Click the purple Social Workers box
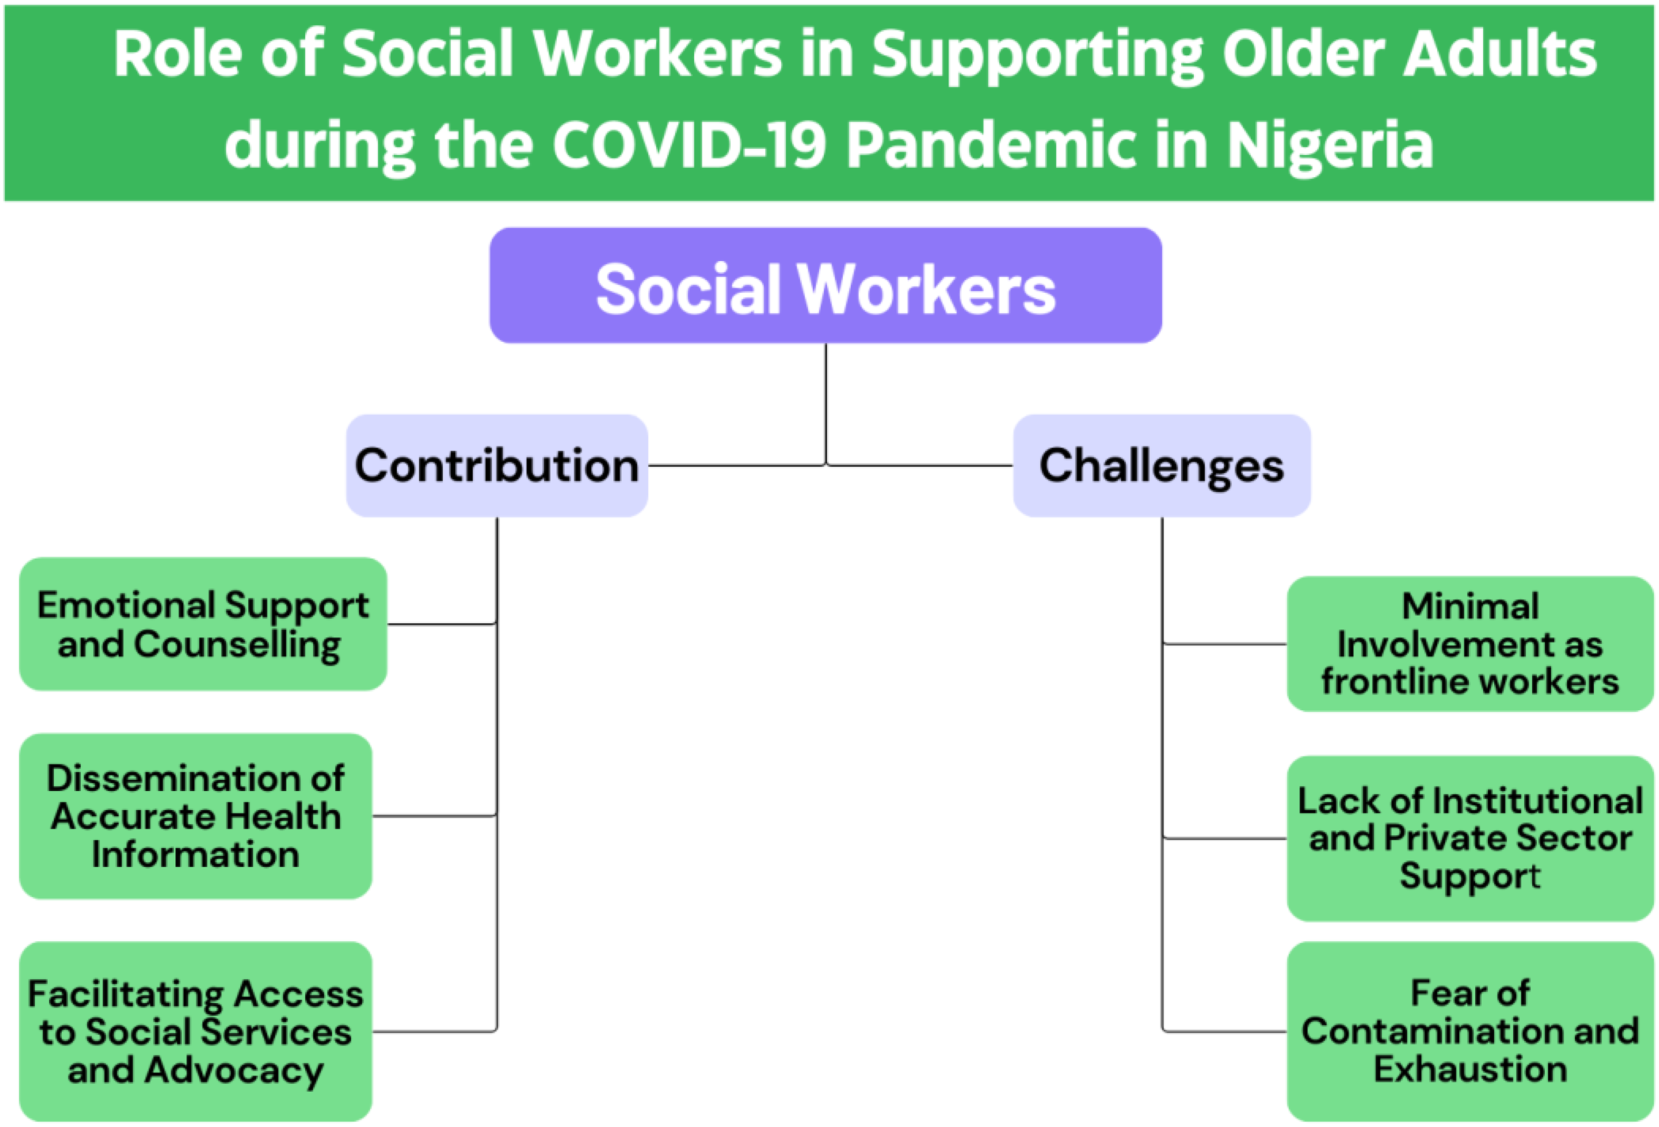pos(826,285)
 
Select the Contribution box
pos(497,466)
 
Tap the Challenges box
pos(1161,466)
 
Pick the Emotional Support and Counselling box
pos(204,624)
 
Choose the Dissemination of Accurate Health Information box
pos(196,816)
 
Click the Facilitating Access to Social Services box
pos(196,1031)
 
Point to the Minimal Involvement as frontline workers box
pos(1470,644)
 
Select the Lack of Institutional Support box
pos(1470,838)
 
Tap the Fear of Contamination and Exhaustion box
pos(1470,1031)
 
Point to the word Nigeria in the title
pos(1330,147)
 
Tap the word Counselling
pos(237,645)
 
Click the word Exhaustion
pos(1471,1069)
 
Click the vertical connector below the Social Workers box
pos(826,404)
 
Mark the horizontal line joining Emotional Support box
pos(442,624)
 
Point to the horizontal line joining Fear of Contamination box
pos(1224,1031)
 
